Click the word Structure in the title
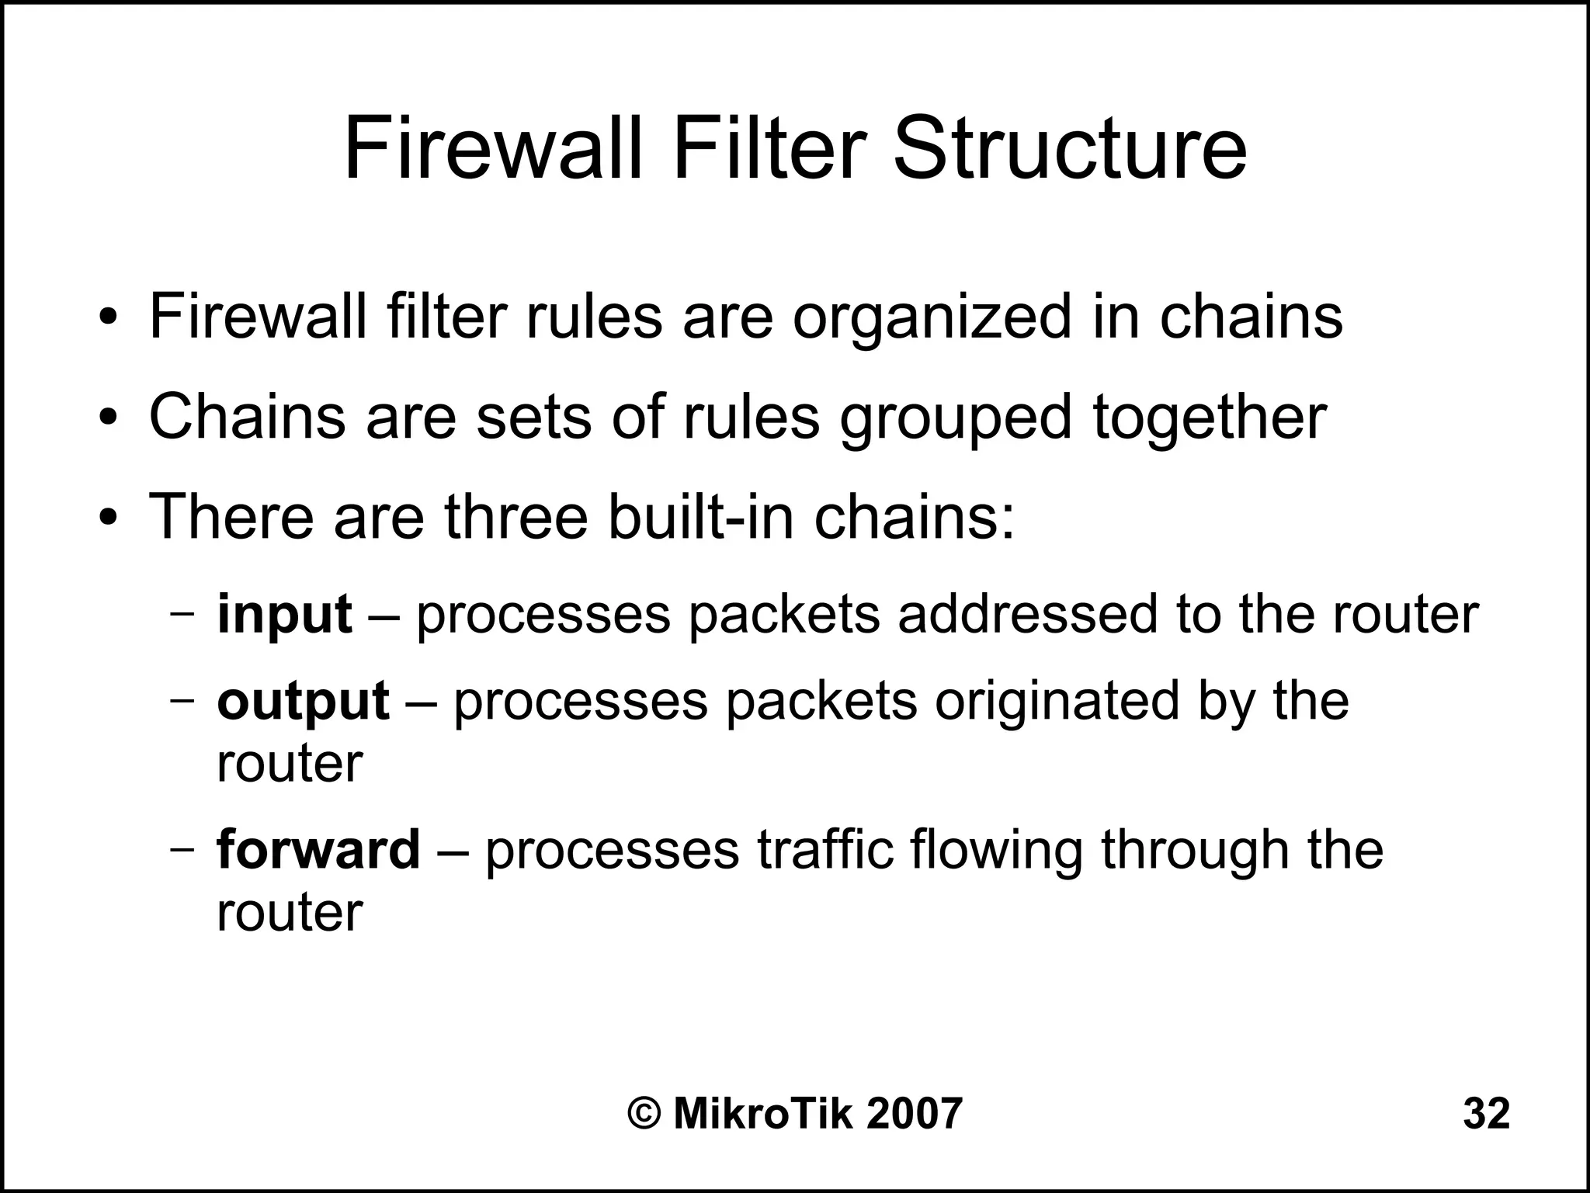[x=1070, y=147]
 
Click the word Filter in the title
[x=769, y=147]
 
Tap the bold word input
[x=284, y=614]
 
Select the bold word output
[x=303, y=701]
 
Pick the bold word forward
[x=318, y=849]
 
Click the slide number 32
[x=1486, y=1114]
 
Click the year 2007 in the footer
[x=914, y=1114]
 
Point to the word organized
[x=932, y=317]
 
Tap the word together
[x=1210, y=417]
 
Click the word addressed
[x=1027, y=614]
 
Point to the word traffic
[x=825, y=849]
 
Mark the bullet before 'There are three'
[x=108, y=518]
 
